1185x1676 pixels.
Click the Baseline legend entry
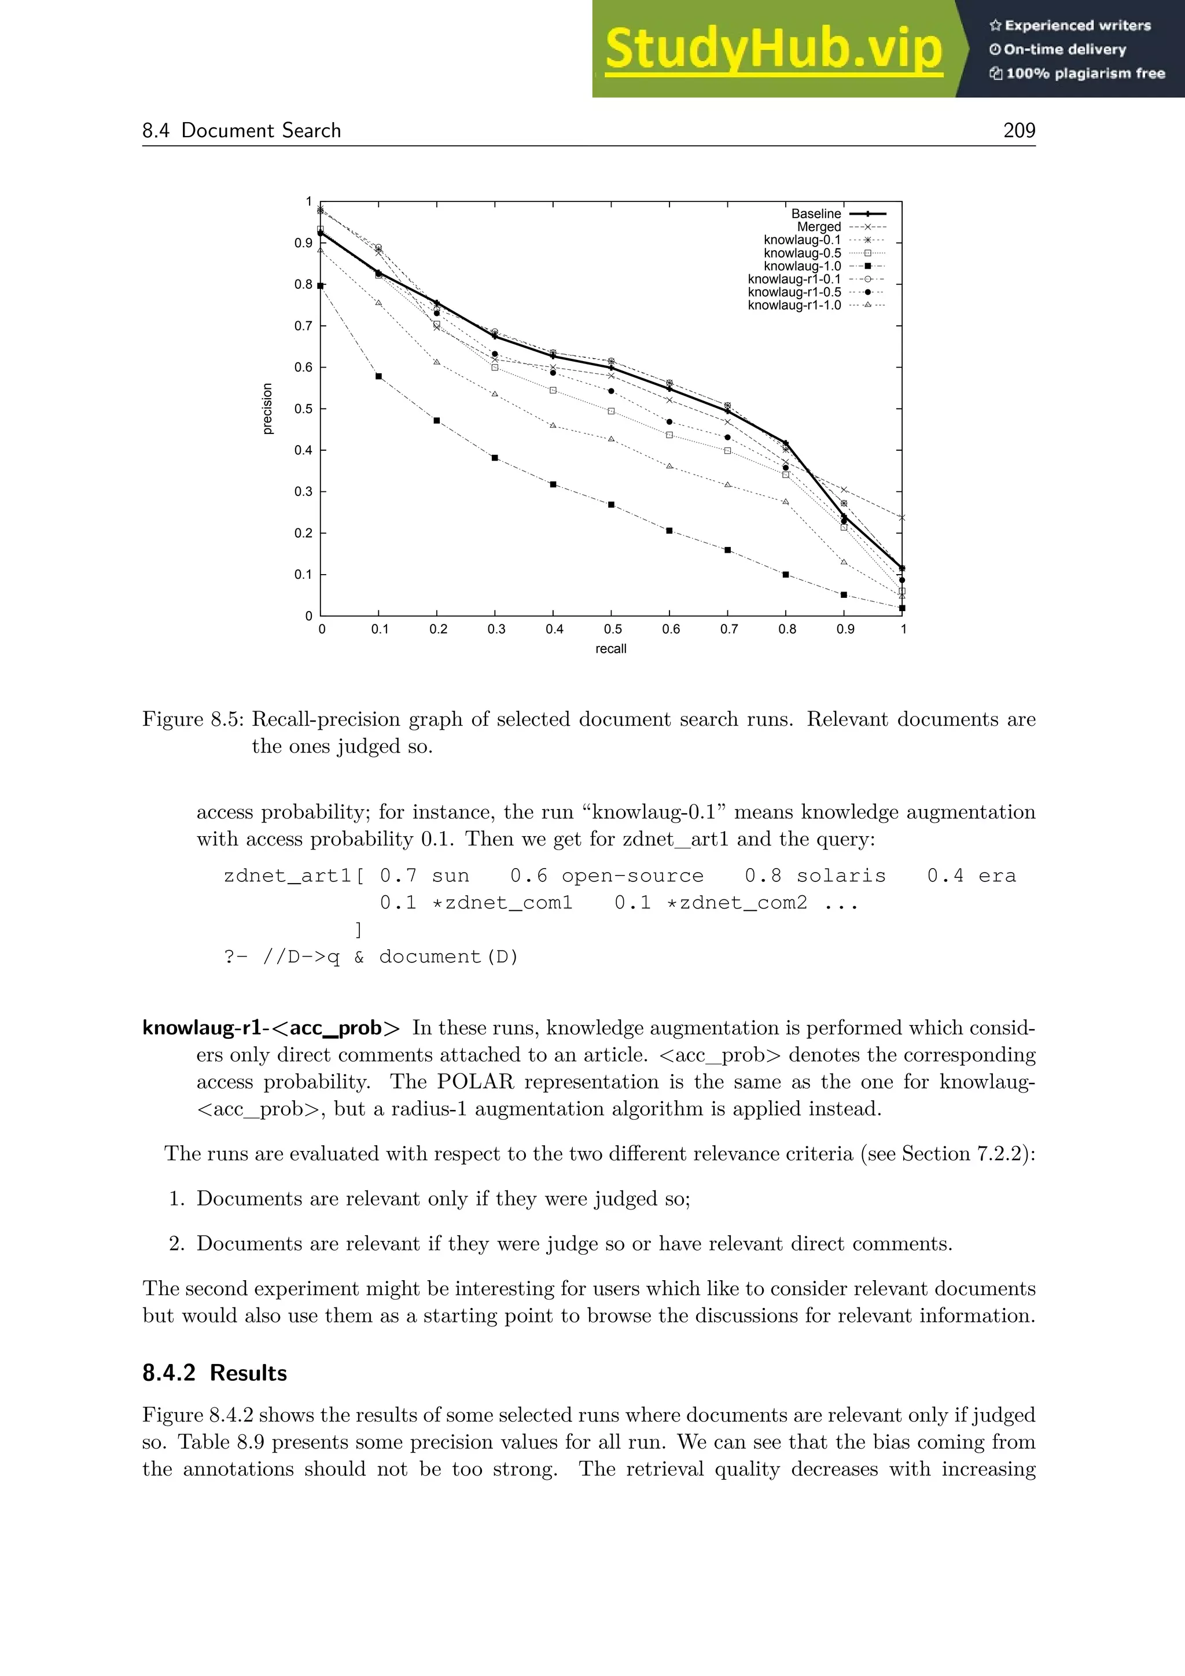coord(816,214)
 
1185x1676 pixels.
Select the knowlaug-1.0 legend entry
coord(802,266)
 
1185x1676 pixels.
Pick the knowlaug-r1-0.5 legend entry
coord(794,292)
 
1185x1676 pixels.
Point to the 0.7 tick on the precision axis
coord(304,326)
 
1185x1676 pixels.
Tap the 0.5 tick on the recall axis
coord(612,629)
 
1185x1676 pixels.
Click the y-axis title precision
coord(268,409)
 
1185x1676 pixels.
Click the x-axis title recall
coord(611,649)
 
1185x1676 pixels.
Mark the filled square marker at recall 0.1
coord(379,377)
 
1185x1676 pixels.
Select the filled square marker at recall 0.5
coord(612,505)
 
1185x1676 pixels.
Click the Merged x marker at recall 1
coord(902,517)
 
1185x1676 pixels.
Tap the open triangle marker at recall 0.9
coord(844,562)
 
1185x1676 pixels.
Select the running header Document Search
coord(260,131)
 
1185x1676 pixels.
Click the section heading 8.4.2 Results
coord(215,1373)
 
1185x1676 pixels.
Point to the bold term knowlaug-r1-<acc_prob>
coord(271,1028)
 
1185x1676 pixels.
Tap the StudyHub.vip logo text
coord(774,50)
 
